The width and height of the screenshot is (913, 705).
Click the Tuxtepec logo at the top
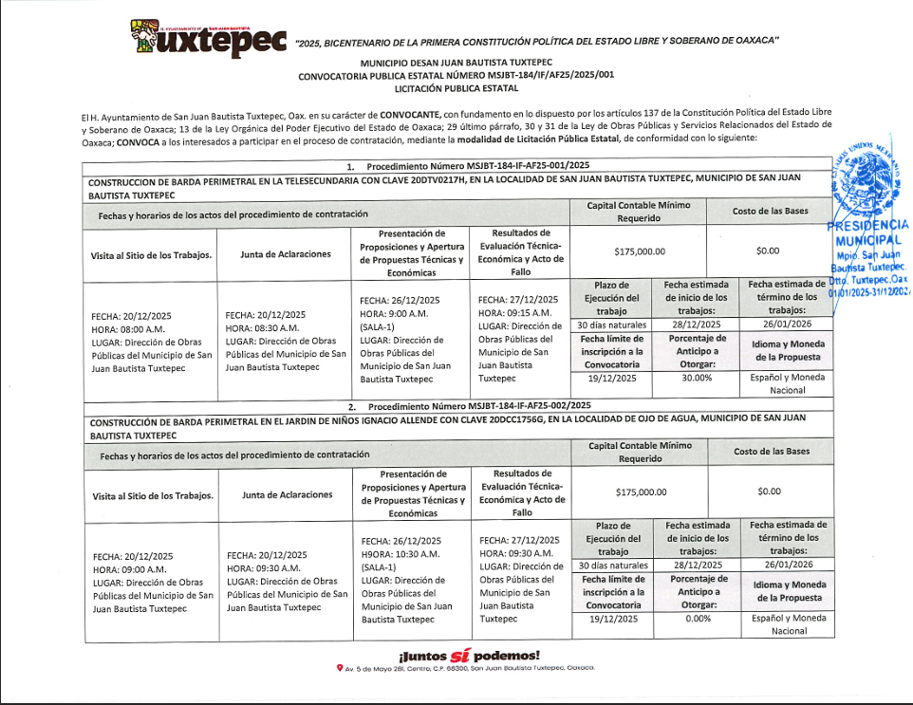(208, 38)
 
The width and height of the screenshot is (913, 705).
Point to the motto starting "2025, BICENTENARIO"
(537, 42)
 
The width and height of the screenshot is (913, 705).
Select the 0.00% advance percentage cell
(698, 618)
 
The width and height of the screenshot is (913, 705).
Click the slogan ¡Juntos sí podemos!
(470, 656)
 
